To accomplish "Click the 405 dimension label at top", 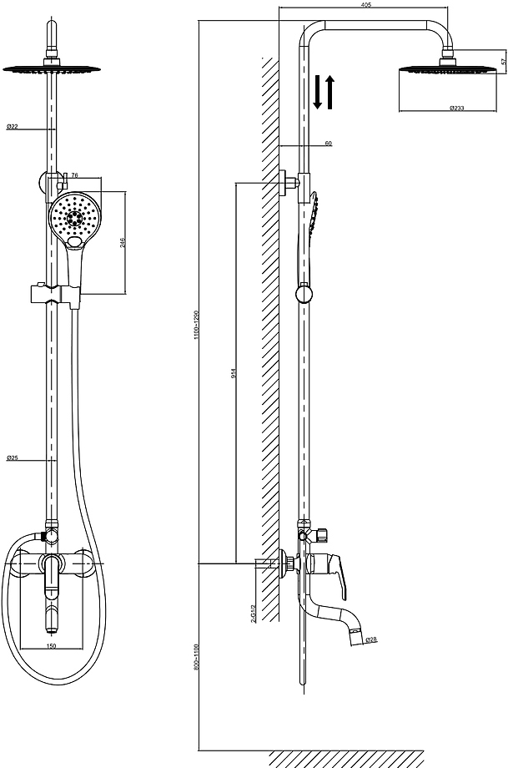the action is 366,5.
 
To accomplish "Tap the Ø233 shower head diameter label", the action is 456,109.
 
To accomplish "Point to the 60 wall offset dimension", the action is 329,144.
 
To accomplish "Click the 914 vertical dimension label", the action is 234,373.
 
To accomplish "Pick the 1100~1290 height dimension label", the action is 197,325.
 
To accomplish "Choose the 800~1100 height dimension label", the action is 197,657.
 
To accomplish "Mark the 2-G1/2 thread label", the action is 254,613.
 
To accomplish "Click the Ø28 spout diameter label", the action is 371,639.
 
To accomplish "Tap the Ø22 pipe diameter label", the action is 13,127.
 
